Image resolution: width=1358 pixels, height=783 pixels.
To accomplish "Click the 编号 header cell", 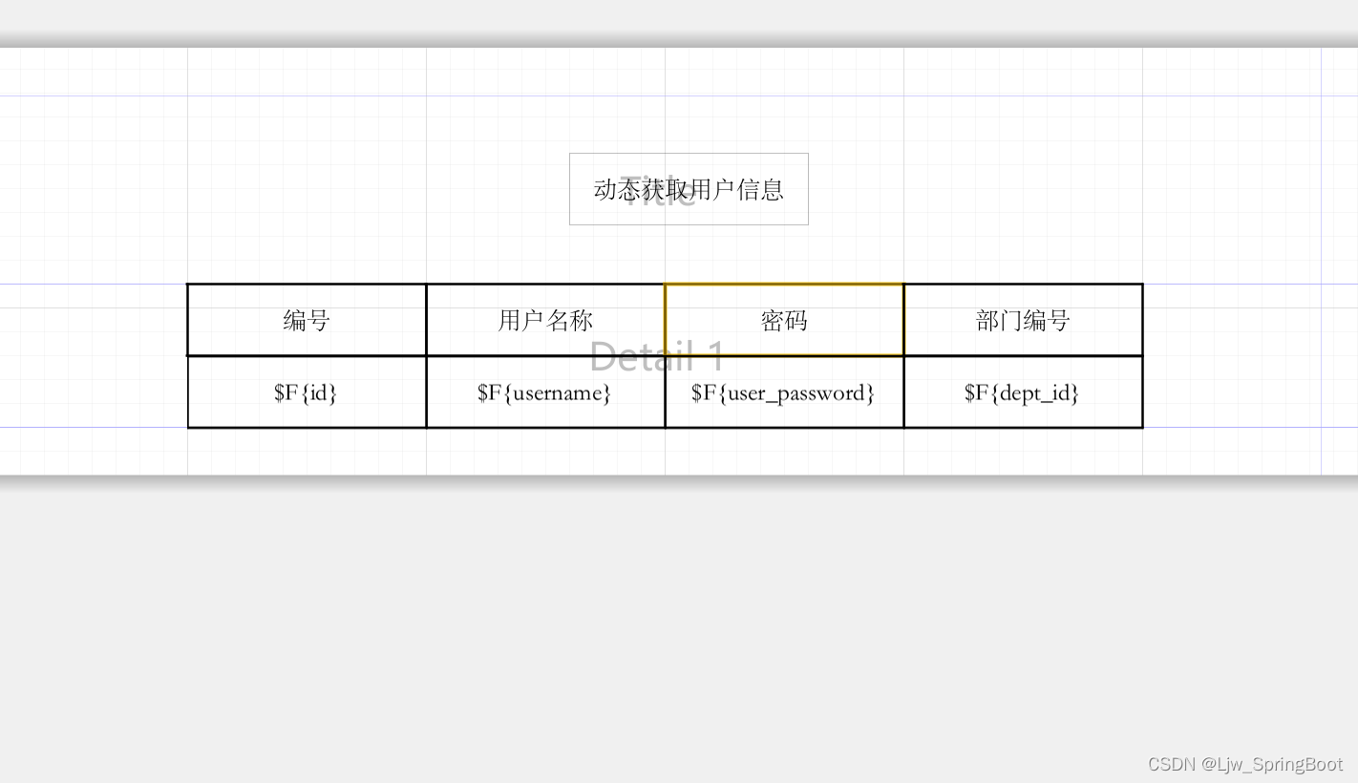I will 307,320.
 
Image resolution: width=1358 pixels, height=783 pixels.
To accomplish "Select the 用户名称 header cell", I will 545,320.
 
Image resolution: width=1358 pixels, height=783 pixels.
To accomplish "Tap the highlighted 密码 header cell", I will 784,320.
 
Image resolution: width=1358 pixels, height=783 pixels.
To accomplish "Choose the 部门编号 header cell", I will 1023,320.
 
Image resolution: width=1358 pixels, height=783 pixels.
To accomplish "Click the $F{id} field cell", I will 307,392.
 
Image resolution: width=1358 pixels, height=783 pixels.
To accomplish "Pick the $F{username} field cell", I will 545,392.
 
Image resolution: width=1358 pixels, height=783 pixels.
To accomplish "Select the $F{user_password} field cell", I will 784,392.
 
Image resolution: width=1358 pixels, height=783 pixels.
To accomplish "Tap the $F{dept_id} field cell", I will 1023,392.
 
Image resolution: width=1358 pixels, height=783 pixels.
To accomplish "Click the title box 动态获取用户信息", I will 689,189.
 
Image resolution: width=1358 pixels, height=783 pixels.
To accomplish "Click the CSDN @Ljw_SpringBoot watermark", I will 1245,764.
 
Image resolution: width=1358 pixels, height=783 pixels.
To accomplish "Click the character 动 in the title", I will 605,189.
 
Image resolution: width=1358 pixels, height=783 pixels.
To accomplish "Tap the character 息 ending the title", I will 773,189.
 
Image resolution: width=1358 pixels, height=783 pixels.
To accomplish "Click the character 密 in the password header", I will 773,320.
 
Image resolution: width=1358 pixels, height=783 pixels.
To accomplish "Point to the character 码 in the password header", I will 796,320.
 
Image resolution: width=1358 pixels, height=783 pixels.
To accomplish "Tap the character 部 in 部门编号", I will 987,320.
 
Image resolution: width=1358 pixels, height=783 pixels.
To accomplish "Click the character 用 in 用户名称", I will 510,320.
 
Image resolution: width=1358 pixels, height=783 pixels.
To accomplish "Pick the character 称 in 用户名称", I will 582,320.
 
